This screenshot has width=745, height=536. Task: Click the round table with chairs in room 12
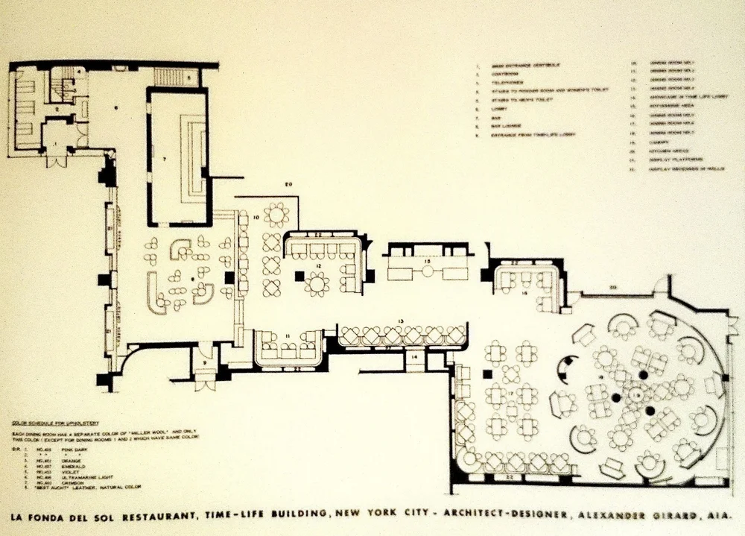click(317, 283)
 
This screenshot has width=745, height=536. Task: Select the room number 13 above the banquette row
click(401, 321)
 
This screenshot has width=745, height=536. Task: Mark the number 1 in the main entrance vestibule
click(54, 141)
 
